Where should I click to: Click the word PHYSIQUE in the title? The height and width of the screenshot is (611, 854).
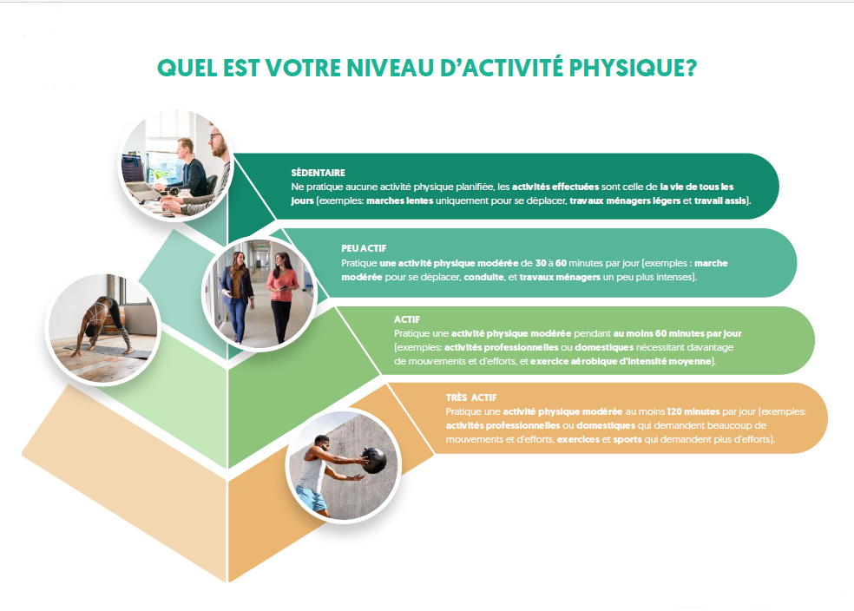coord(621,69)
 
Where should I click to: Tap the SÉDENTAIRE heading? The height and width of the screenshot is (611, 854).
coord(318,173)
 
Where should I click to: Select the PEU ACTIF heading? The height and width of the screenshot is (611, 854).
coord(364,249)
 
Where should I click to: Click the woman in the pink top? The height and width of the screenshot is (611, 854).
coord(281,291)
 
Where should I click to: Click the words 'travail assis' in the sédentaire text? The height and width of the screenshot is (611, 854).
coord(720,200)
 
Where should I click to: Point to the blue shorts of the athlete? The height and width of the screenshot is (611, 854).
coord(311,497)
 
